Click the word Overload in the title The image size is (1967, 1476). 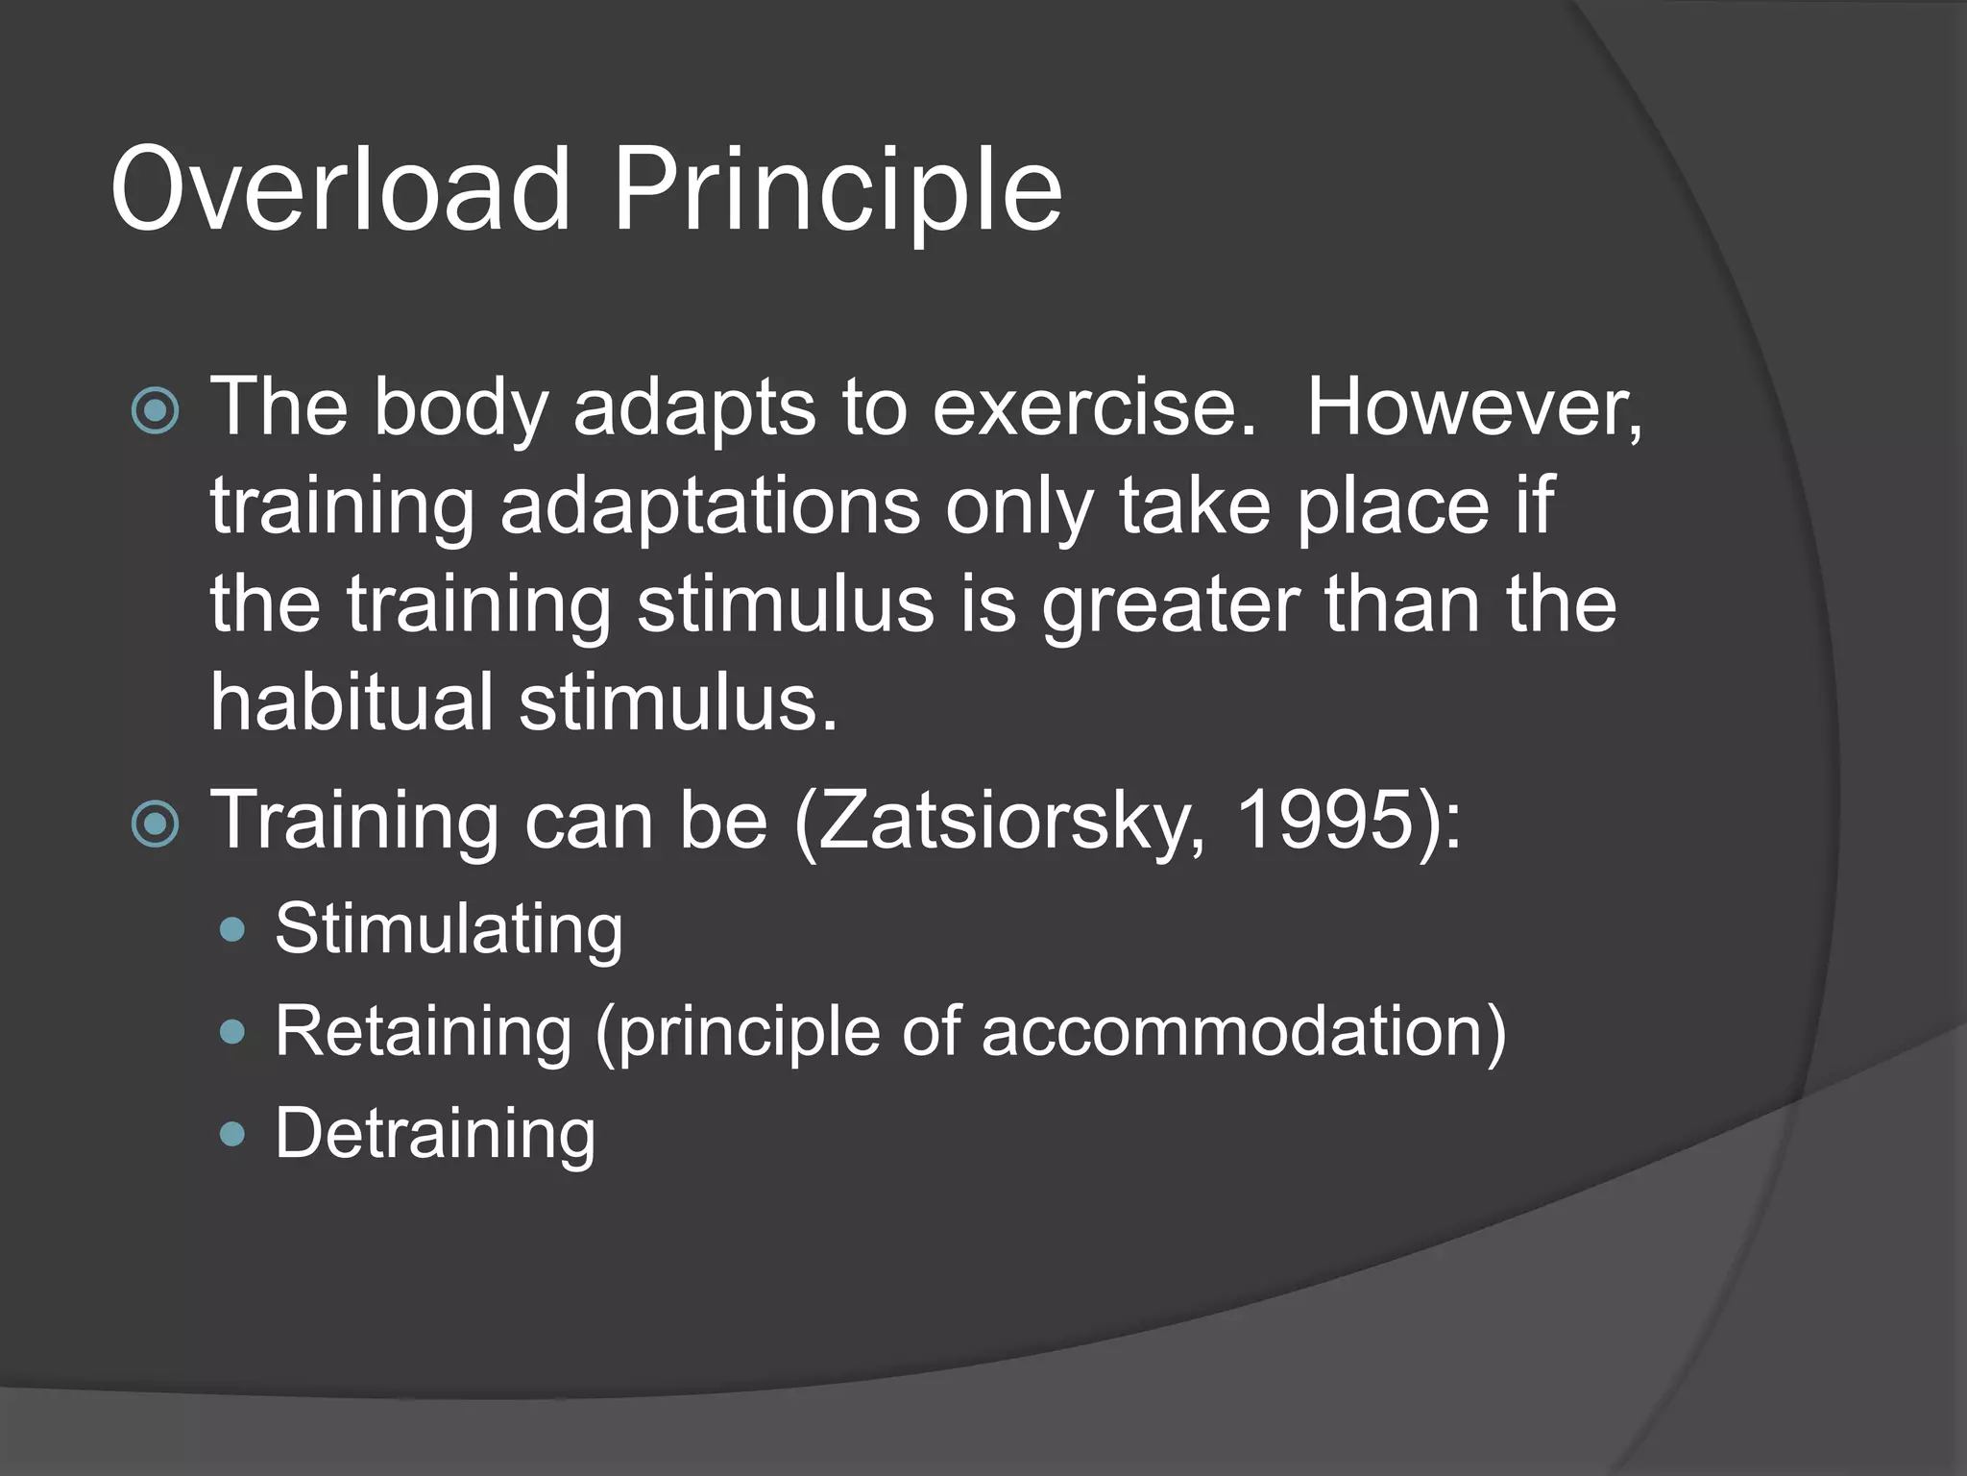(341, 190)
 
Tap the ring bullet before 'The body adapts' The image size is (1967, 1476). (155, 411)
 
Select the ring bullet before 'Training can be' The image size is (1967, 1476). (155, 824)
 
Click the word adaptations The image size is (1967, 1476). (709, 506)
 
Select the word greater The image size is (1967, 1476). (1171, 607)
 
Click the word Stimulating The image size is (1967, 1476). (449, 930)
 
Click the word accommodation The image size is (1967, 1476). (1233, 1032)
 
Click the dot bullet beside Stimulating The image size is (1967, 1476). (232, 929)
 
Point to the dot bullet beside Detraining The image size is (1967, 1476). (232, 1135)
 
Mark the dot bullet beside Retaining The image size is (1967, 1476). (232, 1032)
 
